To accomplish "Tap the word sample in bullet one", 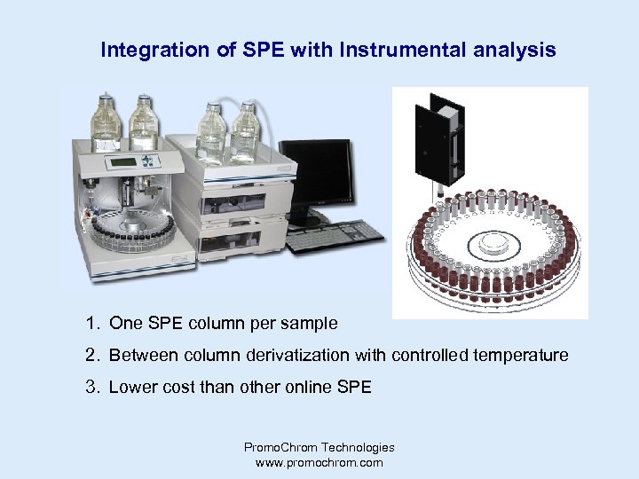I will click(312, 323).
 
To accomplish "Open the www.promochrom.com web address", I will click(319, 462).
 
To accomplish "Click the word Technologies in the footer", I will click(352, 448).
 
